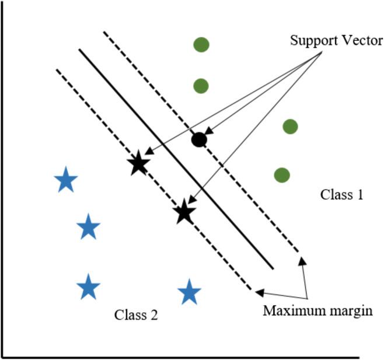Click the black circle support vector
coord(199,140)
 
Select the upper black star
coord(138,164)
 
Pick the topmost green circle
coord(201,44)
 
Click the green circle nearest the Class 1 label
coord(282,174)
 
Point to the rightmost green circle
coord(290,127)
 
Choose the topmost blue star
coord(65,181)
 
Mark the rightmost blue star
coord(188,292)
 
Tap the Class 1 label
coord(342,195)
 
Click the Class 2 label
coord(135,315)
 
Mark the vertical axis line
coord(4,175)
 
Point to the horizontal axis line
coord(175,355)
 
